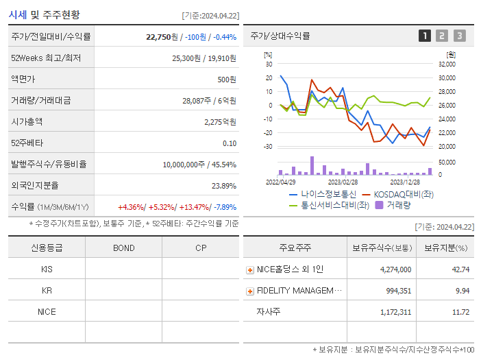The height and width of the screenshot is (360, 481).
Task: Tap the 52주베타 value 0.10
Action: pos(230,143)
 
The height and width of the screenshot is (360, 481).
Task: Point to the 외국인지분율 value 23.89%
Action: pos(224,186)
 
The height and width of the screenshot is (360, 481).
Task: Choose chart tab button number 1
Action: pos(425,36)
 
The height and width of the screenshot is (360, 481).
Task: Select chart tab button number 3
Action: pos(459,36)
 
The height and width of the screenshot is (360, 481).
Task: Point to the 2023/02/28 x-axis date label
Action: pos(343,182)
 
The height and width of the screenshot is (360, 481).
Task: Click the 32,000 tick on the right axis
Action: pos(447,64)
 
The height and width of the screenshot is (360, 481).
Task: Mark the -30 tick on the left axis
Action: pos(269,147)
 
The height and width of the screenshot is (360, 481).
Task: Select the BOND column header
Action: pos(123,248)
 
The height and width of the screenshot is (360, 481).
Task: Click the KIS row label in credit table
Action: pos(47,269)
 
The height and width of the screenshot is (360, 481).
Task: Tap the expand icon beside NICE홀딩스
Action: pos(250,270)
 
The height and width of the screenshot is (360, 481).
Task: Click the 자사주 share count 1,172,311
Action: pos(395,313)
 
